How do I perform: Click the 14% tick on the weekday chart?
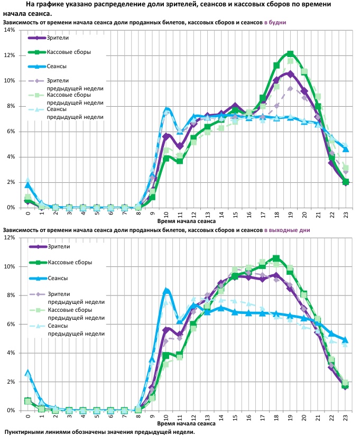9,30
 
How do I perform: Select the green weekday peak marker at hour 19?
290,54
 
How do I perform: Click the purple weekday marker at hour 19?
290,74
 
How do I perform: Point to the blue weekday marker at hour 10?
166,110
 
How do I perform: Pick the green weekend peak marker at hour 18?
276,258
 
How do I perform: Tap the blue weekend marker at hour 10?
166,291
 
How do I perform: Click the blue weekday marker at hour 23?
346,149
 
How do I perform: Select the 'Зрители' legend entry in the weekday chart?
58,38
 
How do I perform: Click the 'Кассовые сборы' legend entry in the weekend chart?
69,262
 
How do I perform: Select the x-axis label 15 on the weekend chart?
235,417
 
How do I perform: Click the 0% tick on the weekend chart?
11,411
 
